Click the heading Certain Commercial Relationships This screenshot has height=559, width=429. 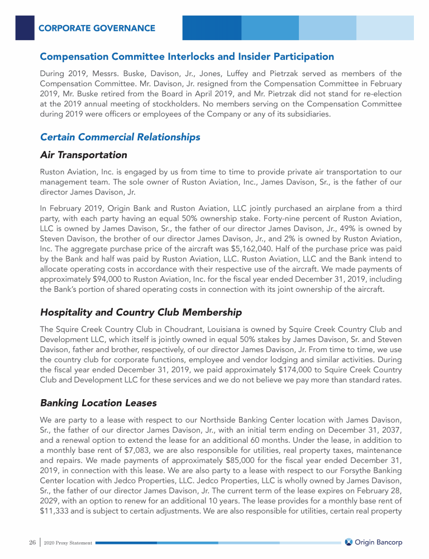point(120,136)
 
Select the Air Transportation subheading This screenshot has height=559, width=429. point(84,155)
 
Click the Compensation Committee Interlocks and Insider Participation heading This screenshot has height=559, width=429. point(187,56)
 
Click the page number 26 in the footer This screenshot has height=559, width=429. point(32,542)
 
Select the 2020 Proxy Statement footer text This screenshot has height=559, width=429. point(68,543)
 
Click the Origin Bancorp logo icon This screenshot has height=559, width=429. point(349,542)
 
